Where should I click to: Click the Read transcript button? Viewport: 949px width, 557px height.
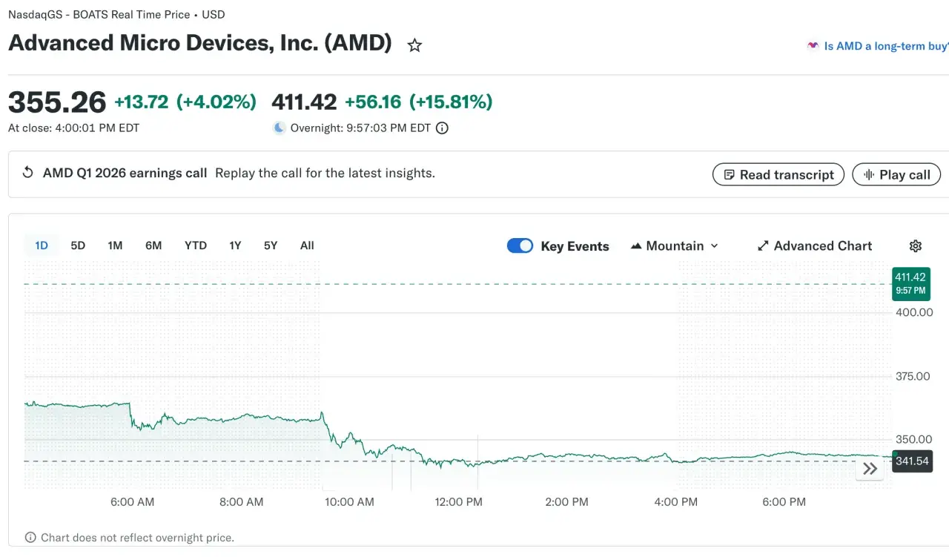(778, 174)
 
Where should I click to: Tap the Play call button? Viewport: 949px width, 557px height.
(896, 174)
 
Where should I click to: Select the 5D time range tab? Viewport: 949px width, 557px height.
(78, 245)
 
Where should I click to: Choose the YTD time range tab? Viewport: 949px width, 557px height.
(196, 245)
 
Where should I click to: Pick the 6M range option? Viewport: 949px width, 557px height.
(153, 245)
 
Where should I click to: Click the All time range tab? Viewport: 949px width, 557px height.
(307, 245)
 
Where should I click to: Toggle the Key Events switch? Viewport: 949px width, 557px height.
(520, 245)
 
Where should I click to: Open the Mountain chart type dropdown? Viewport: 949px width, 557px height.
(675, 245)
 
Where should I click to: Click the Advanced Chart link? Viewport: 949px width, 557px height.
(814, 245)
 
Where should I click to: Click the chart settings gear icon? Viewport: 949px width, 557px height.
(916, 245)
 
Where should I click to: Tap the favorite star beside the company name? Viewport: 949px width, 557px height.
(414, 45)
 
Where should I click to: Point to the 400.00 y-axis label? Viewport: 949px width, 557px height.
(914, 312)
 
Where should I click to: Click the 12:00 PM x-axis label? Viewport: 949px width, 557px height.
(458, 502)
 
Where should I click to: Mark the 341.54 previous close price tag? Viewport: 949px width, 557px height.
(912, 461)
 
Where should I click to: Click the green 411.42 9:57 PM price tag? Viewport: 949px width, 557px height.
(911, 283)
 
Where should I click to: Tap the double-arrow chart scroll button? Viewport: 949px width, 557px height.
(870, 469)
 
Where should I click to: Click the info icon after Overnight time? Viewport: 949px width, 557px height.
(442, 128)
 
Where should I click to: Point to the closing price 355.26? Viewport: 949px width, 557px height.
(57, 102)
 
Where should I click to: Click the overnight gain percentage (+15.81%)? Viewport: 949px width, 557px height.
(451, 102)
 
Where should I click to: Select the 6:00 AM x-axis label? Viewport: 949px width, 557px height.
(132, 502)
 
